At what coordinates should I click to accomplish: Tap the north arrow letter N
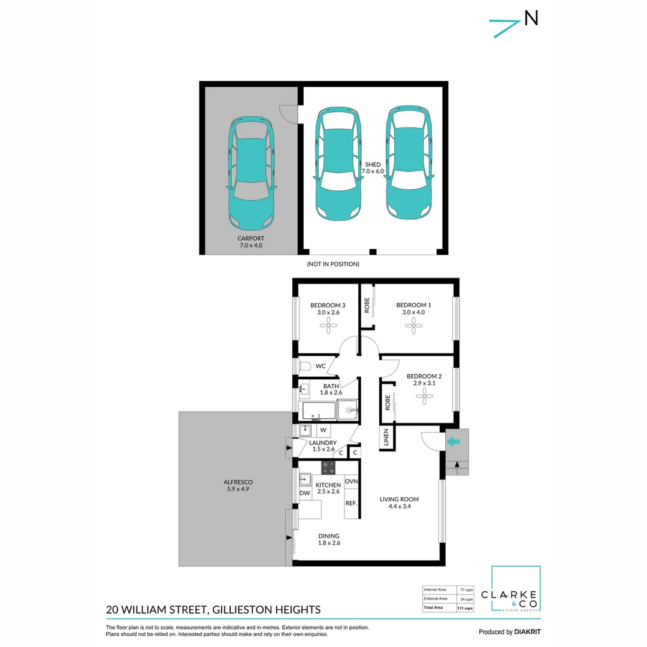click(x=531, y=19)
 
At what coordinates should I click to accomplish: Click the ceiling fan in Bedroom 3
click(x=328, y=325)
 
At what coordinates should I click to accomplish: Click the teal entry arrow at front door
click(x=453, y=442)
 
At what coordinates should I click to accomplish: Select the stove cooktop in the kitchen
click(x=328, y=466)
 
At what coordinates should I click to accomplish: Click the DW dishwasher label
click(x=304, y=493)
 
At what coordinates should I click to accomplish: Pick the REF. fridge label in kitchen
click(x=351, y=503)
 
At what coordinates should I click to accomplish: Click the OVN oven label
click(x=351, y=481)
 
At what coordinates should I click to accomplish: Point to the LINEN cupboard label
click(x=385, y=439)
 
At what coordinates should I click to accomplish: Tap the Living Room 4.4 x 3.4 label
click(x=399, y=503)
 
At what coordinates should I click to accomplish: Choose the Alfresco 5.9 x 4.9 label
click(x=238, y=485)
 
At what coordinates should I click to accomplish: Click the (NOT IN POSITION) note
click(x=332, y=264)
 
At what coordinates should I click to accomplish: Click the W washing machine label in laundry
click(x=322, y=430)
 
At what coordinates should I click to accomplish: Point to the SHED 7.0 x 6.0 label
click(x=373, y=167)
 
